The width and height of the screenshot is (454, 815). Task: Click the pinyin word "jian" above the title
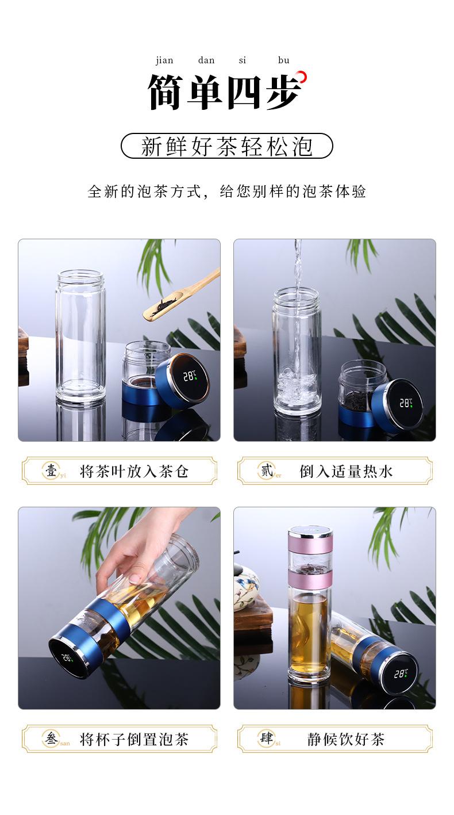coord(164,60)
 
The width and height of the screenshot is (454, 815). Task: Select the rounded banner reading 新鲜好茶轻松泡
coord(226,146)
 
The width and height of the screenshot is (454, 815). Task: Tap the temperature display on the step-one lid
coord(188,377)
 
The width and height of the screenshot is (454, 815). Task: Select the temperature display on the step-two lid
coord(405,403)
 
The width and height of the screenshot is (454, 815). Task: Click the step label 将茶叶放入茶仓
coord(134,472)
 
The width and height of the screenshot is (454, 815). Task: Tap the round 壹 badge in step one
coord(51,471)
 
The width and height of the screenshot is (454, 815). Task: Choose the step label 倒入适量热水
coord(346,472)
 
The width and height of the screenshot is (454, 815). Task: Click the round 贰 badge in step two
coord(267,471)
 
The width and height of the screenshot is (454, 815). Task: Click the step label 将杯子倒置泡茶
coord(134,739)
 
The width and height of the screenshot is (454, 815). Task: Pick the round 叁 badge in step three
coord(51,739)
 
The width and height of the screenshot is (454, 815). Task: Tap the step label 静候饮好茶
coord(346,739)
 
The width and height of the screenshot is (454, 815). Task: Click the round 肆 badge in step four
coord(267,739)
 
